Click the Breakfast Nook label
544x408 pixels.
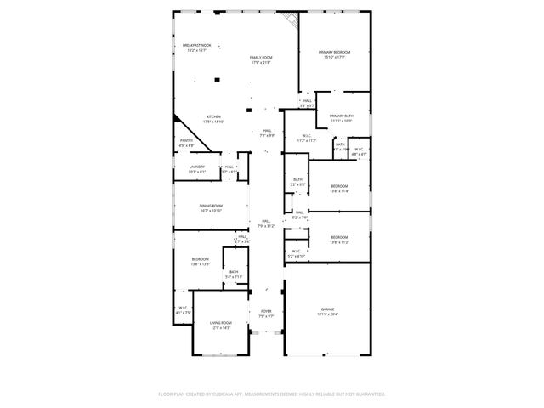click(196, 45)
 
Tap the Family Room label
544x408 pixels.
click(261, 58)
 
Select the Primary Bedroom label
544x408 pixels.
click(335, 53)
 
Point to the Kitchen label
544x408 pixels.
click(214, 116)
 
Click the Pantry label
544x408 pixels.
click(187, 140)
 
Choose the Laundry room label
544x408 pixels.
click(197, 167)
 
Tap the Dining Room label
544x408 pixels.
click(211, 206)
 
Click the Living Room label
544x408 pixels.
click(221, 323)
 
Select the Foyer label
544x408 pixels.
click(266, 311)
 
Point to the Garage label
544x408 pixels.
click(327, 309)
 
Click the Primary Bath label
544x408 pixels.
click(342, 116)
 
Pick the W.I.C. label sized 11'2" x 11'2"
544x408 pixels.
click(307, 136)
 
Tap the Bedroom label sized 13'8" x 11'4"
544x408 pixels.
click(339, 186)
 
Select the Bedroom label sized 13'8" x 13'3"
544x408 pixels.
click(201, 259)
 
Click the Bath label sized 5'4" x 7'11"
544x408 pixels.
click(234, 272)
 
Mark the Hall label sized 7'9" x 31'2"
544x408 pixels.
click(266, 221)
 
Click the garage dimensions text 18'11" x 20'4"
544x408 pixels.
click(327, 314)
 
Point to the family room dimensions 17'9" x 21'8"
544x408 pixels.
click(261, 63)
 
